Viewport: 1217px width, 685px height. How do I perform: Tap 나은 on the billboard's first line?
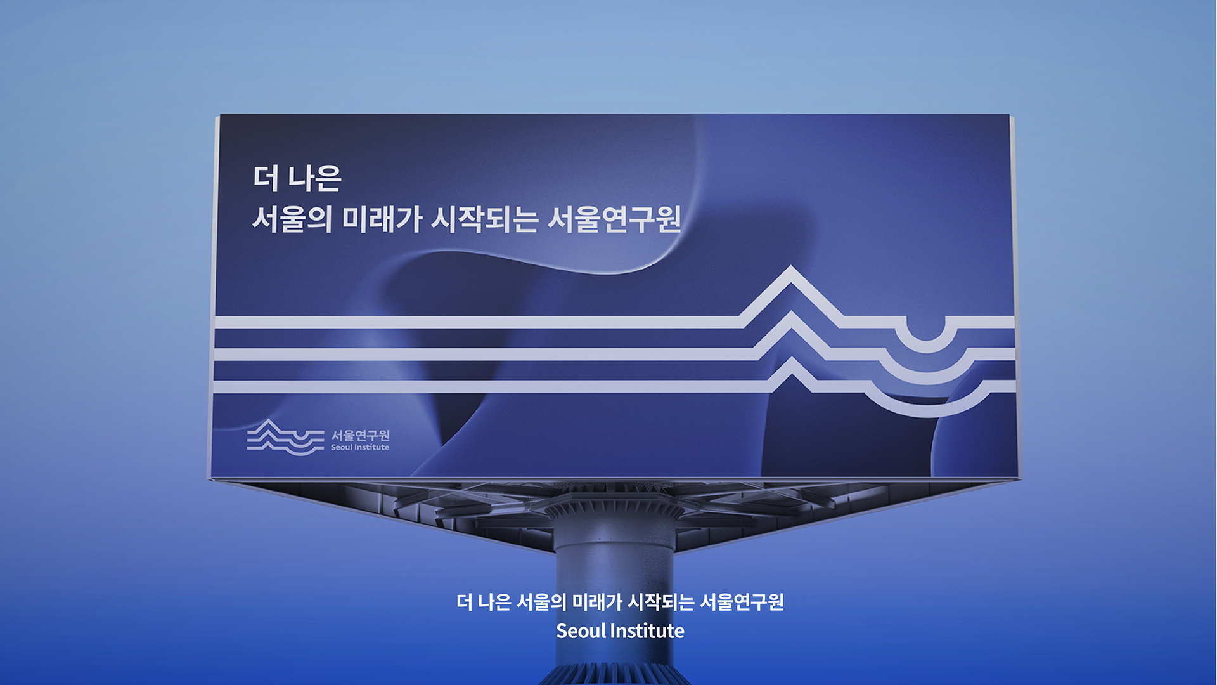coord(314,178)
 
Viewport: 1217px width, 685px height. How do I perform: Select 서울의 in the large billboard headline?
coord(292,219)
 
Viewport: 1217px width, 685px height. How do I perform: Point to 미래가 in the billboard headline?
coord(382,219)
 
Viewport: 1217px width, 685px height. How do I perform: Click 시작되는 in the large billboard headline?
coord(485,219)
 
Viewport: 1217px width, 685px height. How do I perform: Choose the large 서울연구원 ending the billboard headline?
coord(614,219)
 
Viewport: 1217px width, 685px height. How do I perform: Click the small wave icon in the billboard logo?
coord(285,437)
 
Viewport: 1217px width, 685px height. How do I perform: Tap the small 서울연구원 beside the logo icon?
coord(360,435)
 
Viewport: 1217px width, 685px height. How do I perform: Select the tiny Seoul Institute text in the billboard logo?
coord(360,447)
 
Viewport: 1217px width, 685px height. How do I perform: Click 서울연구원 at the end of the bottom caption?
coord(742,602)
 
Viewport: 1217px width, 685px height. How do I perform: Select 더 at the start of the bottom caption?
coord(464,602)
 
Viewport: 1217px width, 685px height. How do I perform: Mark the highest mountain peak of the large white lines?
coord(790,269)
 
